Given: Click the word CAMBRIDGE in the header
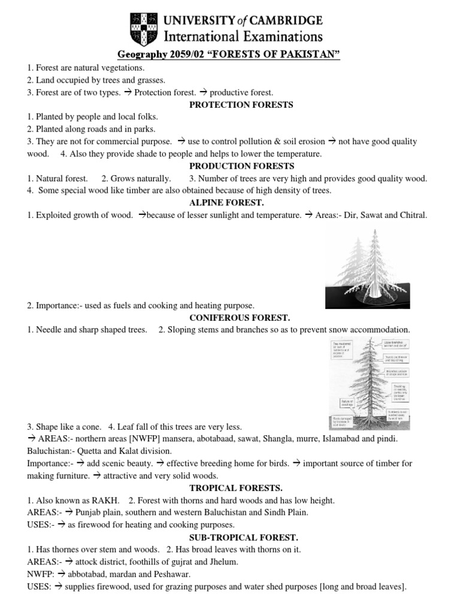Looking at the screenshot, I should pyautogui.click(x=281, y=20).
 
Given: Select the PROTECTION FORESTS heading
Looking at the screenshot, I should pyautogui.click(x=232, y=105).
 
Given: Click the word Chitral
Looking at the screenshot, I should pyautogui.click(x=412, y=215).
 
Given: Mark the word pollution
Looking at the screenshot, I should pyautogui.click(x=247, y=141).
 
